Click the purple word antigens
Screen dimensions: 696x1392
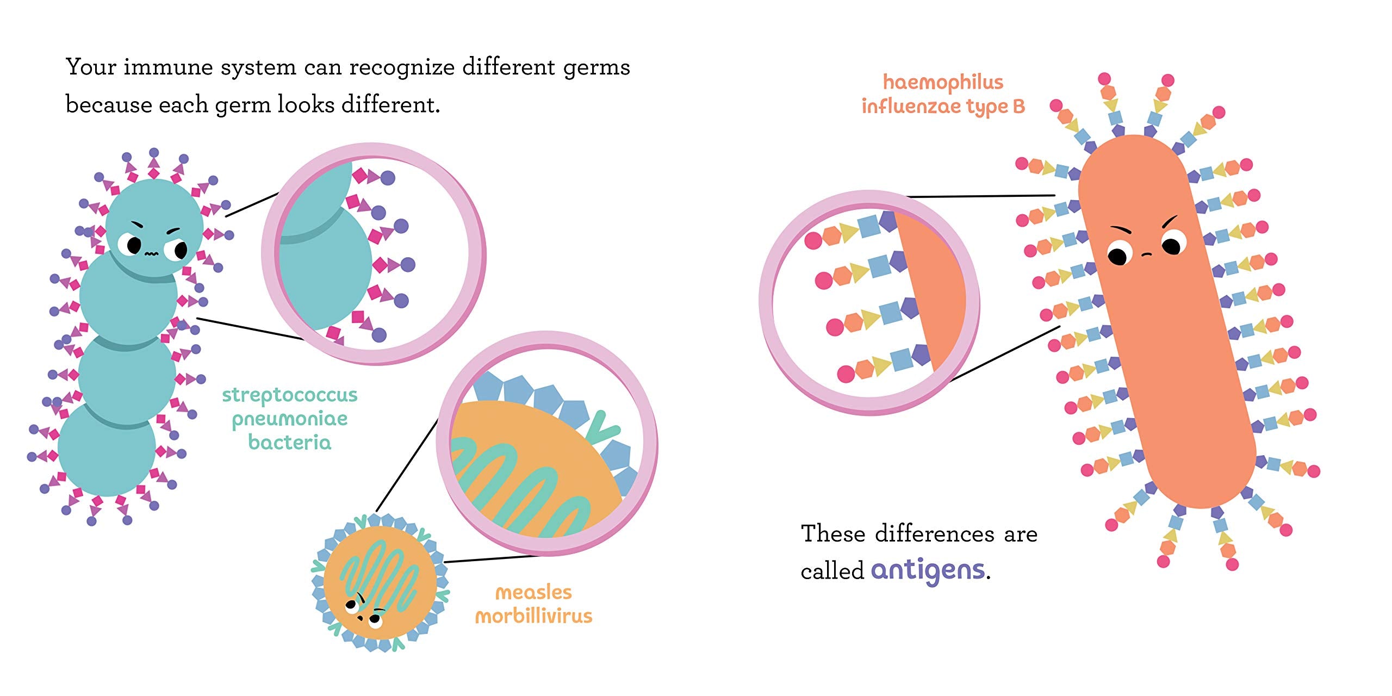[928, 570]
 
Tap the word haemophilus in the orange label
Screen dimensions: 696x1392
[943, 82]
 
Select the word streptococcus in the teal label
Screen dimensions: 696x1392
[289, 395]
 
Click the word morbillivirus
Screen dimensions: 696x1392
[533, 616]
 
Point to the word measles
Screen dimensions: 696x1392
[533, 592]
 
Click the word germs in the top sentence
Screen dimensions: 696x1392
[596, 68]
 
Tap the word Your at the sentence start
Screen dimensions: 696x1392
[91, 67]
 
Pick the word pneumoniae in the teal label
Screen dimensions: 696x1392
[289, 419]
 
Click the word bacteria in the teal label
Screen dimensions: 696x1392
[289, 443]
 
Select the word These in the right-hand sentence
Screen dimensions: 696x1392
[832, 533]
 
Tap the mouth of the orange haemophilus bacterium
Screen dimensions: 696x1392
[1146, 254]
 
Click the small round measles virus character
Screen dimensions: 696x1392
[380, 582]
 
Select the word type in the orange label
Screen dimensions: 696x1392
[987, 107]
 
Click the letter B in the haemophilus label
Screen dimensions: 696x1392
[1018, 107]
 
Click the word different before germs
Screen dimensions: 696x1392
[508, 67]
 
